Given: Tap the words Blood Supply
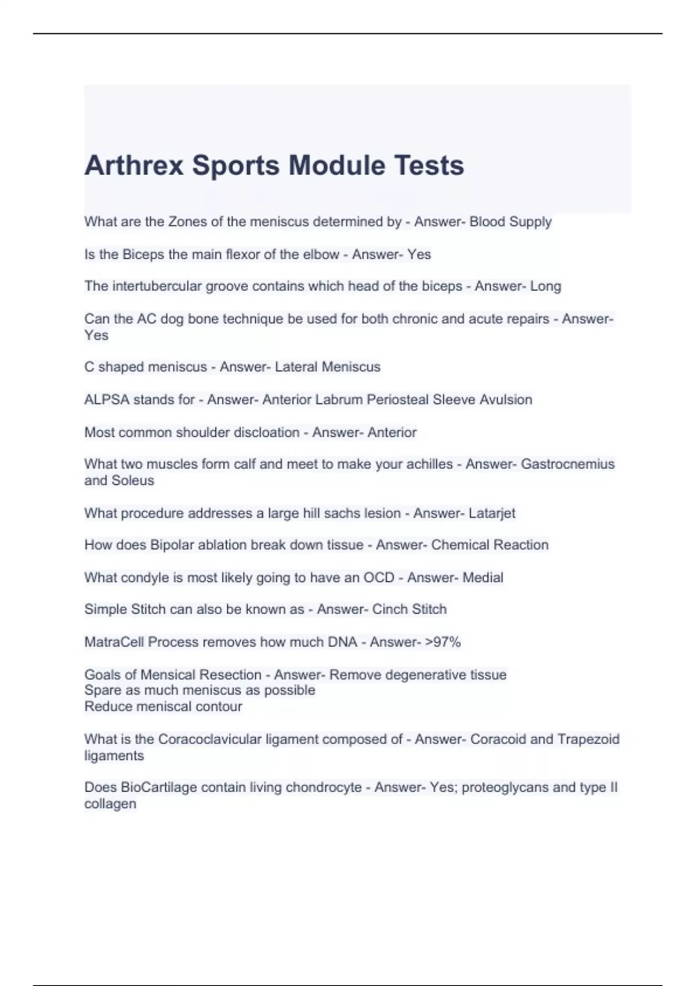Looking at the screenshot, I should [x=510, y=222].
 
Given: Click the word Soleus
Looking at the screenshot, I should [x=133, y=480].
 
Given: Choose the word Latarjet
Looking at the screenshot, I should [x=492, y=513].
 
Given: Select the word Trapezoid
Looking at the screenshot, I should [x=588, y=739].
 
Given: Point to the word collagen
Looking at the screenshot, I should [x=110, y=804].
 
